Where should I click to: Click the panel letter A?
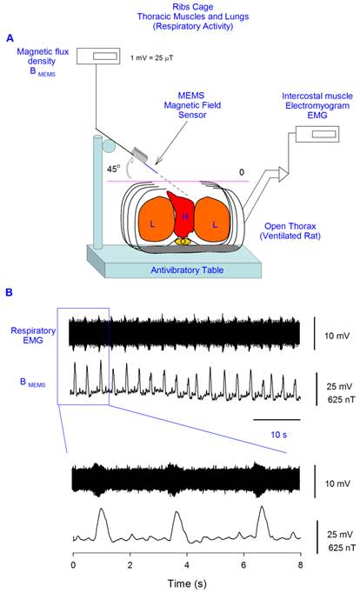click(x=9, y=38)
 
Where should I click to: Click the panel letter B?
click(x=9, y=293)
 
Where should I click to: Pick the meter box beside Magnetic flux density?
click(x=102, y=57)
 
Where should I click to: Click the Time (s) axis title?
click(x=184, y=583)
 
